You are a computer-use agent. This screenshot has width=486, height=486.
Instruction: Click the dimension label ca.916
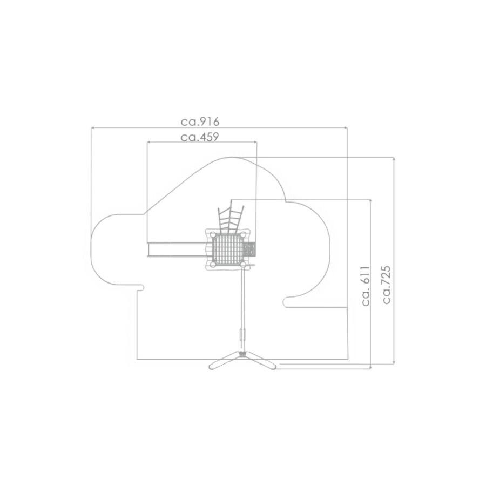click(200, 122)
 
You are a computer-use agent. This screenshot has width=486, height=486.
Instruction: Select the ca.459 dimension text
click(200, 137)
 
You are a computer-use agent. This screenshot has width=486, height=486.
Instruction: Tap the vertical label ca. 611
click(366, 286)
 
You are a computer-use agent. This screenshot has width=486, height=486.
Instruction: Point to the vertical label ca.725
click(386, 285)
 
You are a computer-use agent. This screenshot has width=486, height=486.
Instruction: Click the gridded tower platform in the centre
click(228, 249)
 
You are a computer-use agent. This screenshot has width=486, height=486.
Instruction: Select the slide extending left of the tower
click(177, 249)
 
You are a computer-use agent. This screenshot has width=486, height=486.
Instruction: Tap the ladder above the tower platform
click(231, 218)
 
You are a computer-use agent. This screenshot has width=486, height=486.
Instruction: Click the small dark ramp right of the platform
click(250, 249)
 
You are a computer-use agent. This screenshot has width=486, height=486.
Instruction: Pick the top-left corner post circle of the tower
click(213, 235)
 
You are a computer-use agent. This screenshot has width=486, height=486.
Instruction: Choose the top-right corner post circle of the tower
click(244, 235)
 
